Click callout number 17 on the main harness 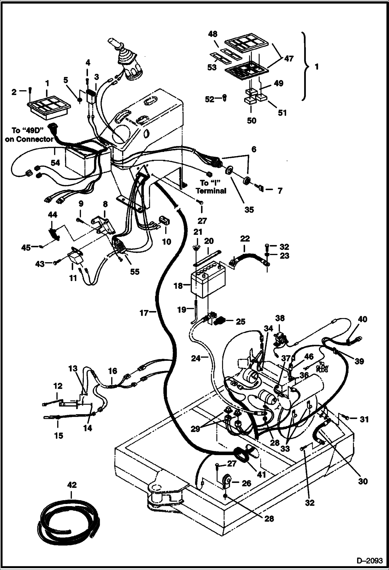(x=144, y=313)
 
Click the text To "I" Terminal (x=211, y=187)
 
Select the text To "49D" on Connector (x=29, y=135)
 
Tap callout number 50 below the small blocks (x=251, y=121)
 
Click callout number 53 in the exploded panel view (x=212, y=67)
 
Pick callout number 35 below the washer (x=249, y=209)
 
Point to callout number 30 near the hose (x=363, y=481)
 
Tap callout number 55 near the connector (x=135, y=272)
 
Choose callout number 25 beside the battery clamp (x=240, y=321)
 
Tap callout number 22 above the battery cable (x=245, y=238)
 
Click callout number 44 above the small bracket (x=52, y=215)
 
